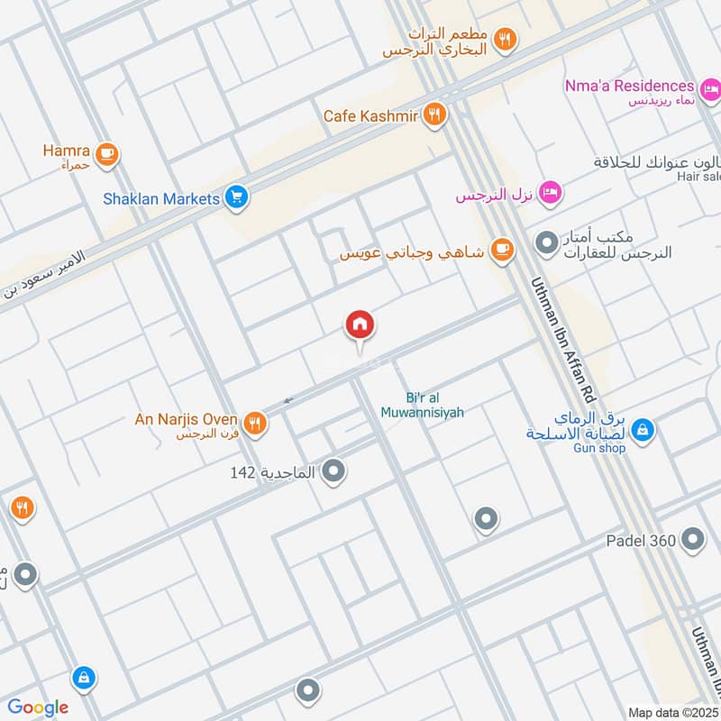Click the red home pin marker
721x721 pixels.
click(360, 325)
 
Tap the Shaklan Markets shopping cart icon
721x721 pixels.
click(237, 196)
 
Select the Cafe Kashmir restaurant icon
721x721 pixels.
click(436, 114)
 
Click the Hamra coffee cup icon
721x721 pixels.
click(107, 155)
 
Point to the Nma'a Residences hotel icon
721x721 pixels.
click(709, 88)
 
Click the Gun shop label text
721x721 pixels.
click(598, 448)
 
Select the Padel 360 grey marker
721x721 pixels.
click(692, 540)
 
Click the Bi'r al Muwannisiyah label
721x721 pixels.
click(434, 405)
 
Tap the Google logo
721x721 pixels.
click(38, 707)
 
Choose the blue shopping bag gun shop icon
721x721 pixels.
click(643, 430)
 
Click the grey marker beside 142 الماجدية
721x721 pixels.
click(333, 470)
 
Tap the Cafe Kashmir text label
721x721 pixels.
click(373, 115)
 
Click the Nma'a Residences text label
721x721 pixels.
click(630, 87)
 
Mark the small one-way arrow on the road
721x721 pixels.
click(287, 400)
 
